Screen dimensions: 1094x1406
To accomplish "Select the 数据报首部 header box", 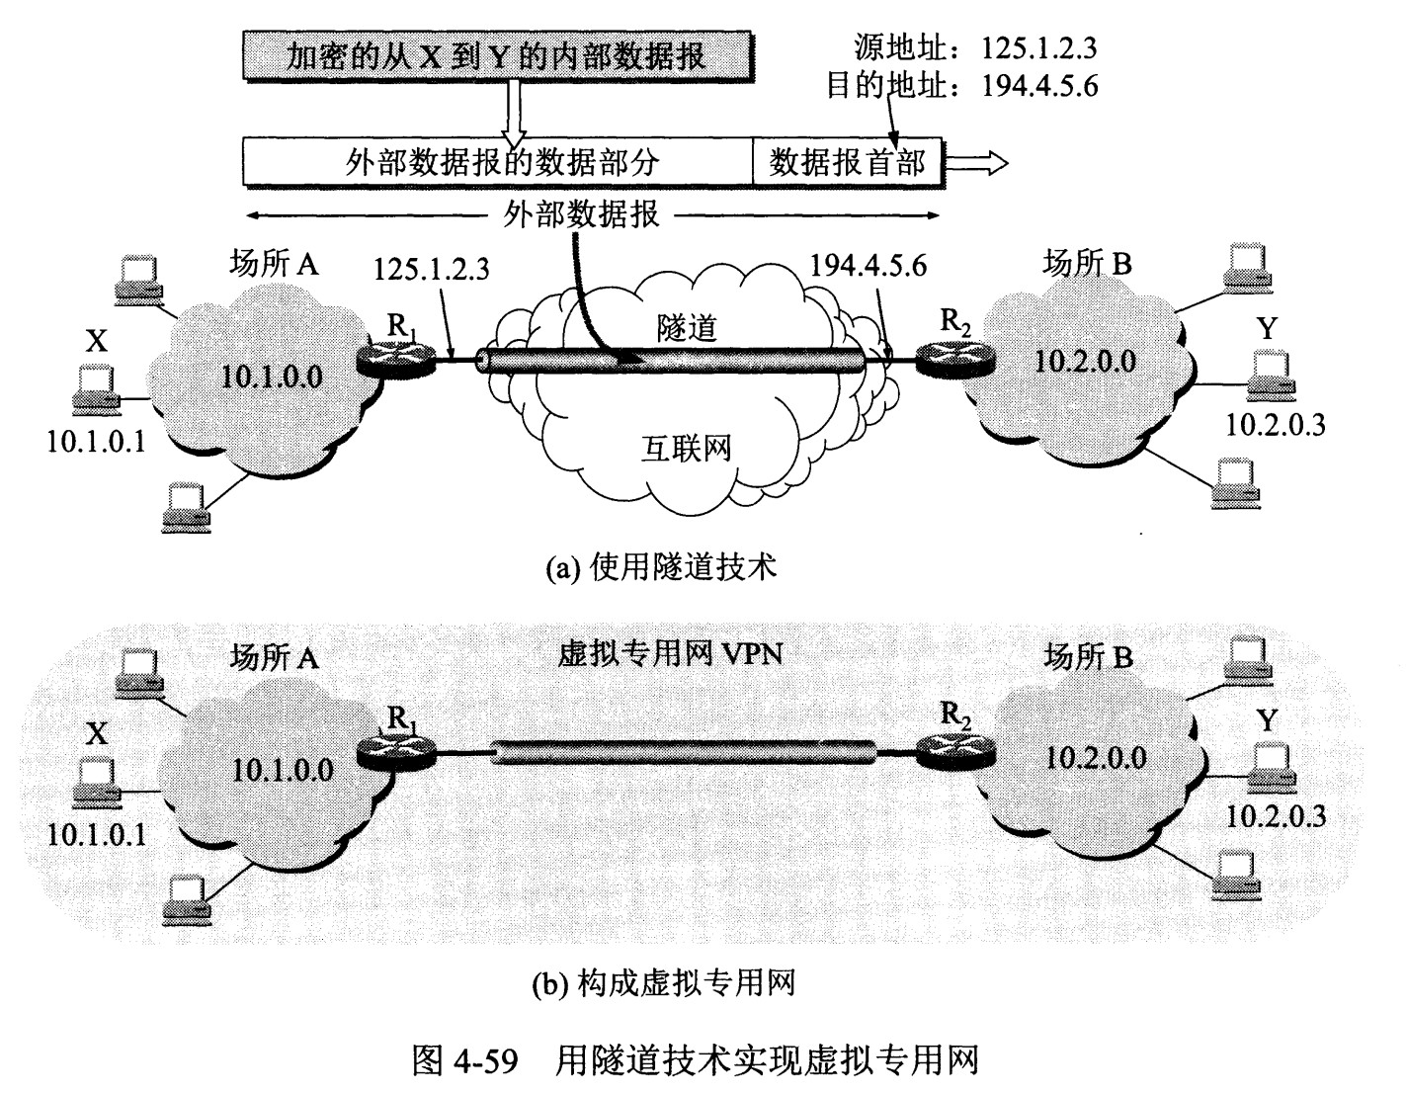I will click(x=847, y=162).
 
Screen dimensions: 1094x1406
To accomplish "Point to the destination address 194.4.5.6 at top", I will click(x=1039, y=86).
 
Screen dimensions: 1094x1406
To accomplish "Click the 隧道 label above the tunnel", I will click(x=687, y=328).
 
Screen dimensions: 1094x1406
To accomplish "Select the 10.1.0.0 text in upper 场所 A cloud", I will click(x=272, y=376).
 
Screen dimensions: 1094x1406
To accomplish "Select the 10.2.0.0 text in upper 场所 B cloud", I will click(x=1085, y=361).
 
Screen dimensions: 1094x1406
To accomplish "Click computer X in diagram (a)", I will click(x=96, y=387).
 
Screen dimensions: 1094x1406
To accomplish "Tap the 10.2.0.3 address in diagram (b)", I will click(x=1276, y=816).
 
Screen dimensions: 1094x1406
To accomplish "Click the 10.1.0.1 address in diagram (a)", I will click(x=96, y=441).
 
